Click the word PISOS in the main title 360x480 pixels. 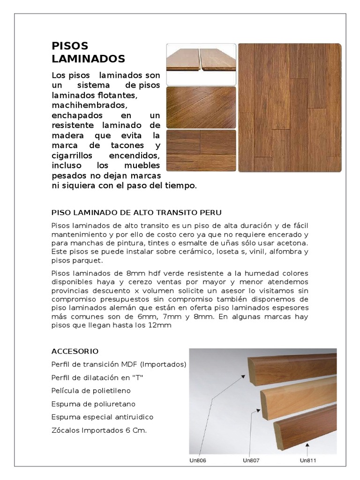pyautogui.click(x=70, y=46)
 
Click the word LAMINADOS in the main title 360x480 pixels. pyautogui.click(x=88, y=59)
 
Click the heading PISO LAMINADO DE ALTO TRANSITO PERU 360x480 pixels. pyautogui.click(x=136, y=211)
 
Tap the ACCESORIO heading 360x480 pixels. pyautogui.click(x=75, y=351)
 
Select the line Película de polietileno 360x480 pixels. pyautogui.click(x=91, y=390)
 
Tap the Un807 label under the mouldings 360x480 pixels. pyautogui.click(x=251, y=460)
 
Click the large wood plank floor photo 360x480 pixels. pyautogui.click(x=290, y=108)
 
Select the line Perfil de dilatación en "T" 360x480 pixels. pyautogui.click(x=96, y=377)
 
